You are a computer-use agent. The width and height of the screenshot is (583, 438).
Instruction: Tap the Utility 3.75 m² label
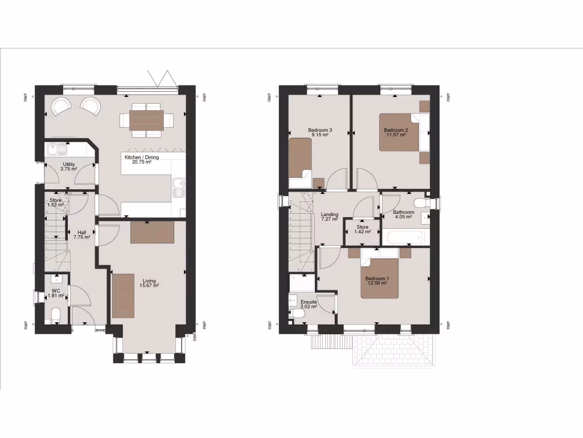pos(69,167)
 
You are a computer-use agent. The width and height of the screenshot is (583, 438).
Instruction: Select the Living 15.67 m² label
pos(150,283)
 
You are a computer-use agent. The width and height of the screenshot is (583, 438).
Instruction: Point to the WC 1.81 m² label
pos(56,293)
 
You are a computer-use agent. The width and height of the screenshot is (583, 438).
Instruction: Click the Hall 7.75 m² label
pos(81,234)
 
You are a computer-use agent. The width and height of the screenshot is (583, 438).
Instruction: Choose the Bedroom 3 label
pos(320,132)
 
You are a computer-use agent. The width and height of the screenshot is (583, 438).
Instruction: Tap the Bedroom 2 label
pos(395,132)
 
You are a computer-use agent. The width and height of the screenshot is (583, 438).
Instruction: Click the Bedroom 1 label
pos(377,281)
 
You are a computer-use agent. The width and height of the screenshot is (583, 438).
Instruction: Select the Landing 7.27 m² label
pos(330,217)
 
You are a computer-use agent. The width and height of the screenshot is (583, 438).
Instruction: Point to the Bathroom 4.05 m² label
pos(404,214)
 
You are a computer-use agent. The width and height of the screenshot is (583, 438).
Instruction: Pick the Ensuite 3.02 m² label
pos(309,304)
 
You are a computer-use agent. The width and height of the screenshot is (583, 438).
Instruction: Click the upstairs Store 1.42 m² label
pos(363,229)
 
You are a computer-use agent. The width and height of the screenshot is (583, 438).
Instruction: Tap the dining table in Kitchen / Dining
pos(146,120)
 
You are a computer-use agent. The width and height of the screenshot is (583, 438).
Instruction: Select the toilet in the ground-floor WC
pos(55,316)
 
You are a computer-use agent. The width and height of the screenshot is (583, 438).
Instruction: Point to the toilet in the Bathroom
pos(422,203)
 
